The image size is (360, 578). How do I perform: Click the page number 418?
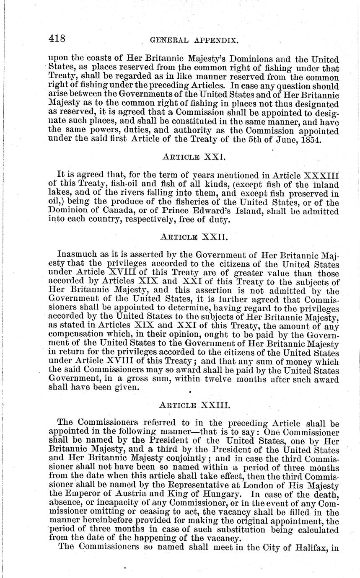click(x=57, y=39)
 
